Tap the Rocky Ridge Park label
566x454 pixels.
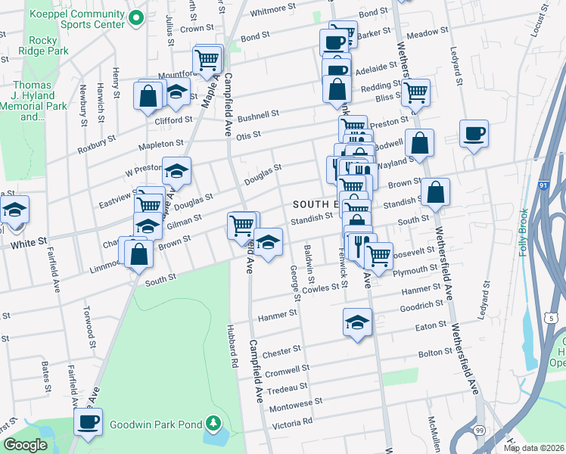pos(47,45)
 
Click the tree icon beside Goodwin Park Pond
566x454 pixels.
pos(214,422)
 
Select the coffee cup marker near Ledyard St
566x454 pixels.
pos(474,134)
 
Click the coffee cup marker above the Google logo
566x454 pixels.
pos(89,421)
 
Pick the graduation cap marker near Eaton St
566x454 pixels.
pos(357,322)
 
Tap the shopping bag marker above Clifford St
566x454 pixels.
pos(148,96)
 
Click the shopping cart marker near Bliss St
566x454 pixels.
pos(415,92)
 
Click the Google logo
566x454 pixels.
pos(25,445)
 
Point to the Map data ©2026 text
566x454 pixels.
pos(533,448)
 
